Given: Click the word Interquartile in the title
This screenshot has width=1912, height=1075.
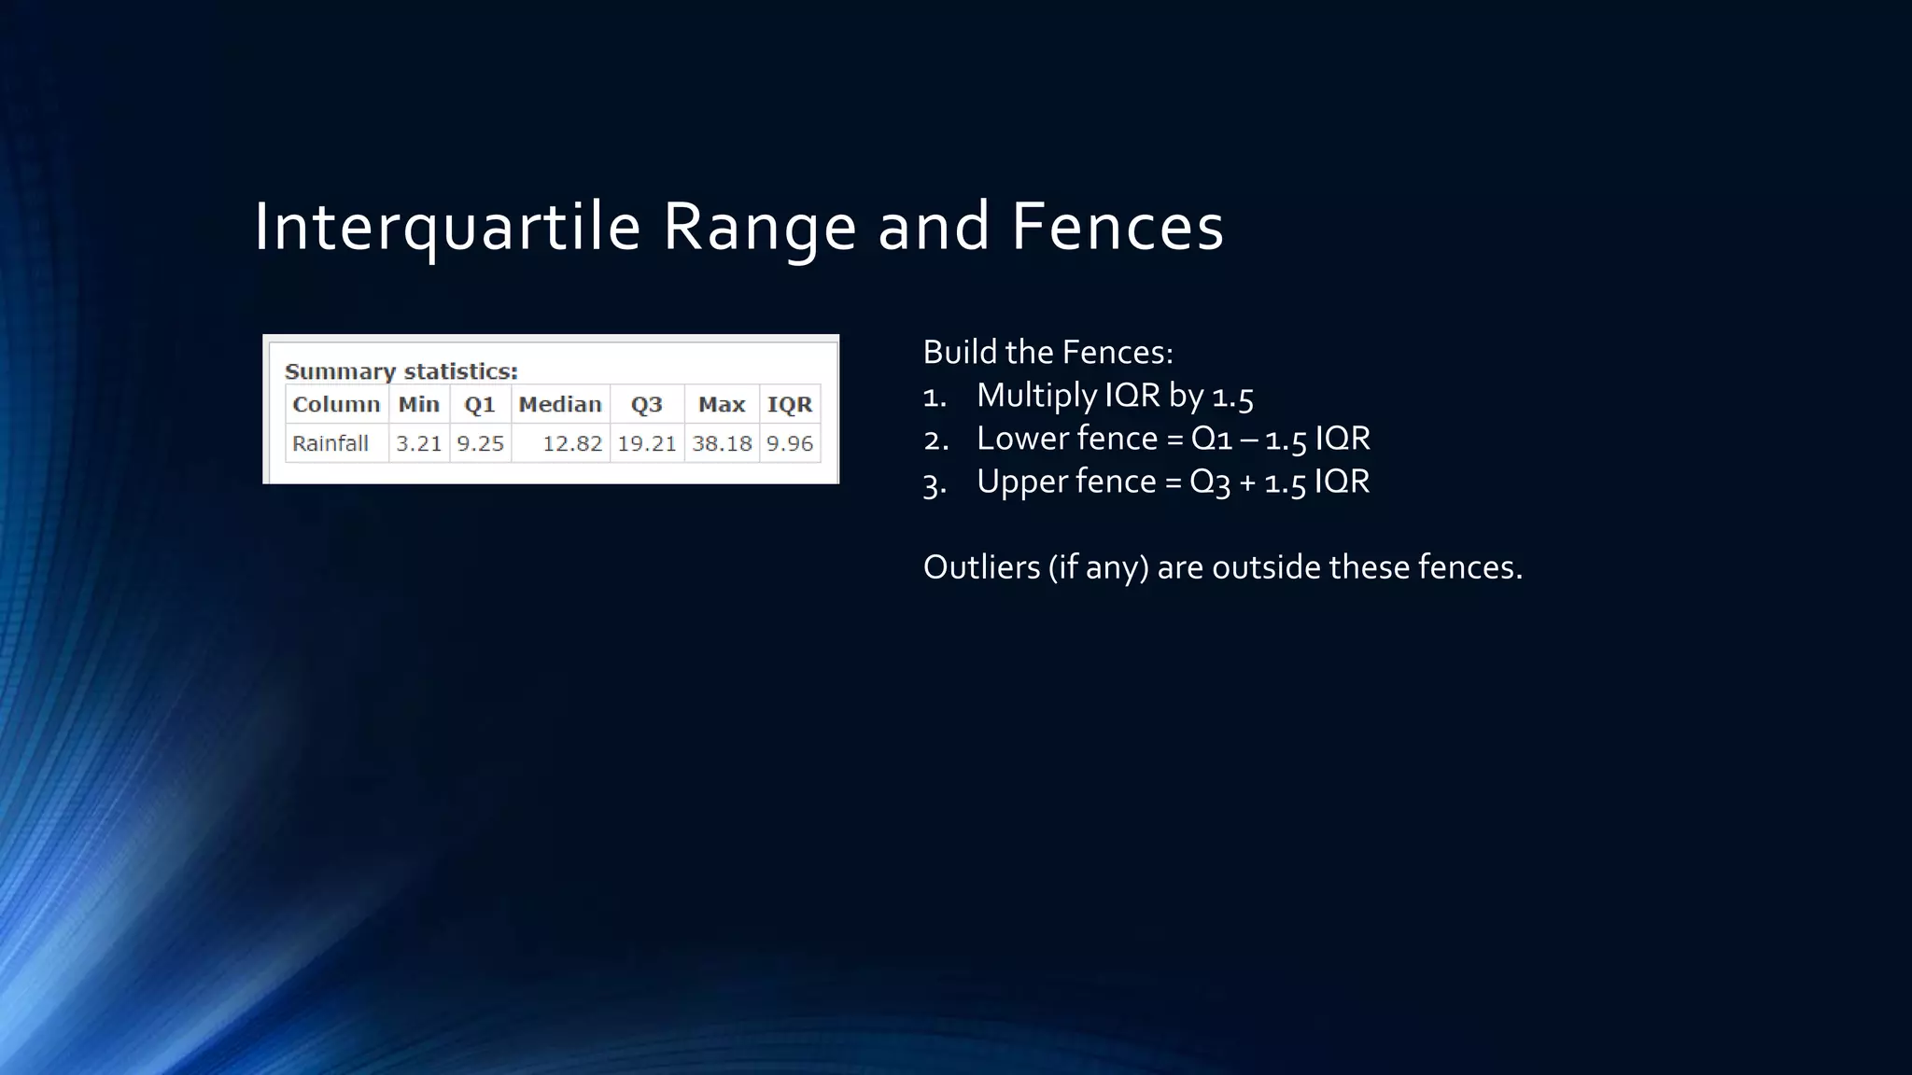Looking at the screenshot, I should click(446, 227).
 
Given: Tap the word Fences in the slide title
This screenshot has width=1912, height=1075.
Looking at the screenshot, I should click(1117, 227).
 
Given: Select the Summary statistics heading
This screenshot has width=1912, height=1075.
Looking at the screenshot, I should click(401, 371).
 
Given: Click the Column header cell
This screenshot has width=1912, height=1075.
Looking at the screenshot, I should click(336, 404).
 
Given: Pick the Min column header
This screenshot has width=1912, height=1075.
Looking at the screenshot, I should click(418, 404).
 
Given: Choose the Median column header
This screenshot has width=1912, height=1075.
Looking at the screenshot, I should click(560, 404).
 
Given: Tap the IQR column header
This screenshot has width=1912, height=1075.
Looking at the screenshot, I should click(789, 404).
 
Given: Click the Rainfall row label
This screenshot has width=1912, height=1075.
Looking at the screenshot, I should click(330, 443).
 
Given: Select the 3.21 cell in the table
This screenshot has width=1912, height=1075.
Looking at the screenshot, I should click(418, 443).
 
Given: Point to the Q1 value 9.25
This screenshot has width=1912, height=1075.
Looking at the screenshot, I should click(480, 443).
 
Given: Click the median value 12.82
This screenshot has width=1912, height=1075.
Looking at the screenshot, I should click(572, 443).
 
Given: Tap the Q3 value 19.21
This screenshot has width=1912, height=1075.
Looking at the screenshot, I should click(646, 443).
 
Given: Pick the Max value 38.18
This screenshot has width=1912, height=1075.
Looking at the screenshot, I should click(722, 443).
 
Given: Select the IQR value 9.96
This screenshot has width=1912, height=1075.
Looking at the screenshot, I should click(789, 443).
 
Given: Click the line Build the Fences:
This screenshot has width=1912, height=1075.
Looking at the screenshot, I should click(1047, 353).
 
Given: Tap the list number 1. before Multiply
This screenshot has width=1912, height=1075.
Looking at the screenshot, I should click(935, 397).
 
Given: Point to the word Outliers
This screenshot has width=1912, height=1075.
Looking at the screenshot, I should click(981, 567).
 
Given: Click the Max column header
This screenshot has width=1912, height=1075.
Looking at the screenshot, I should click(722, 404).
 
